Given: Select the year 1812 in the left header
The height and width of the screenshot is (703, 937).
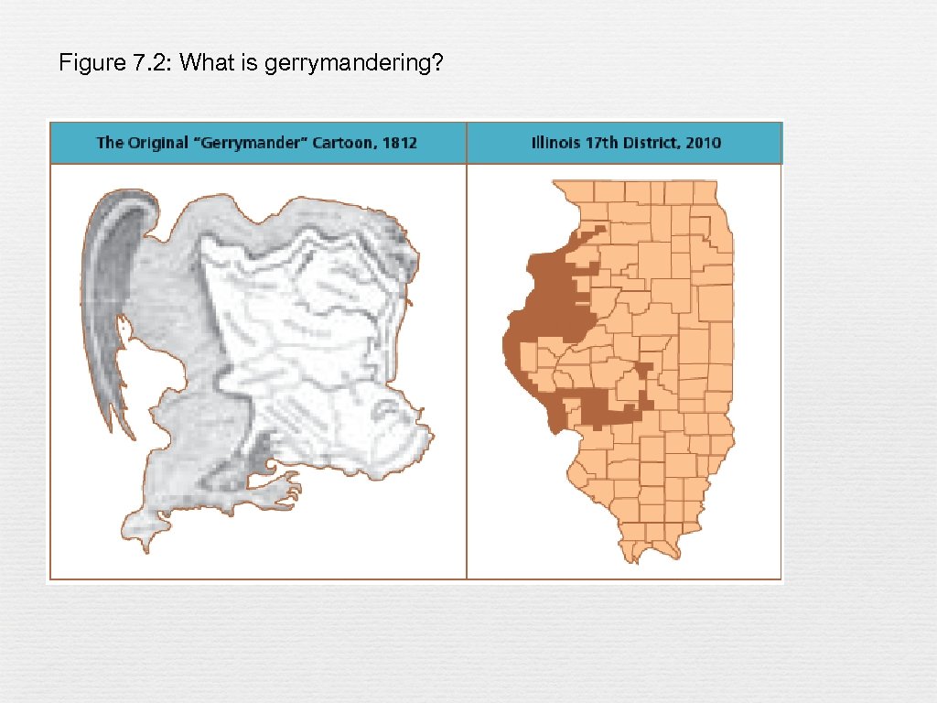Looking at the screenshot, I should [x=399, y=143].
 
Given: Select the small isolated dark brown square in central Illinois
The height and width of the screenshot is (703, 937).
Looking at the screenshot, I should [x=644, y=369].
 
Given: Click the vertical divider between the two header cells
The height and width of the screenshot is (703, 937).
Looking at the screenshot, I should [x=467, y=143].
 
